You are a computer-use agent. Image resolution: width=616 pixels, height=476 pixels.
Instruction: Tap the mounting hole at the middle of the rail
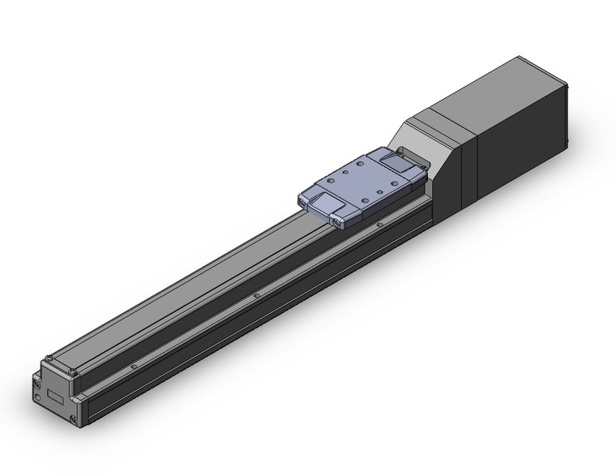pos(256,296)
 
